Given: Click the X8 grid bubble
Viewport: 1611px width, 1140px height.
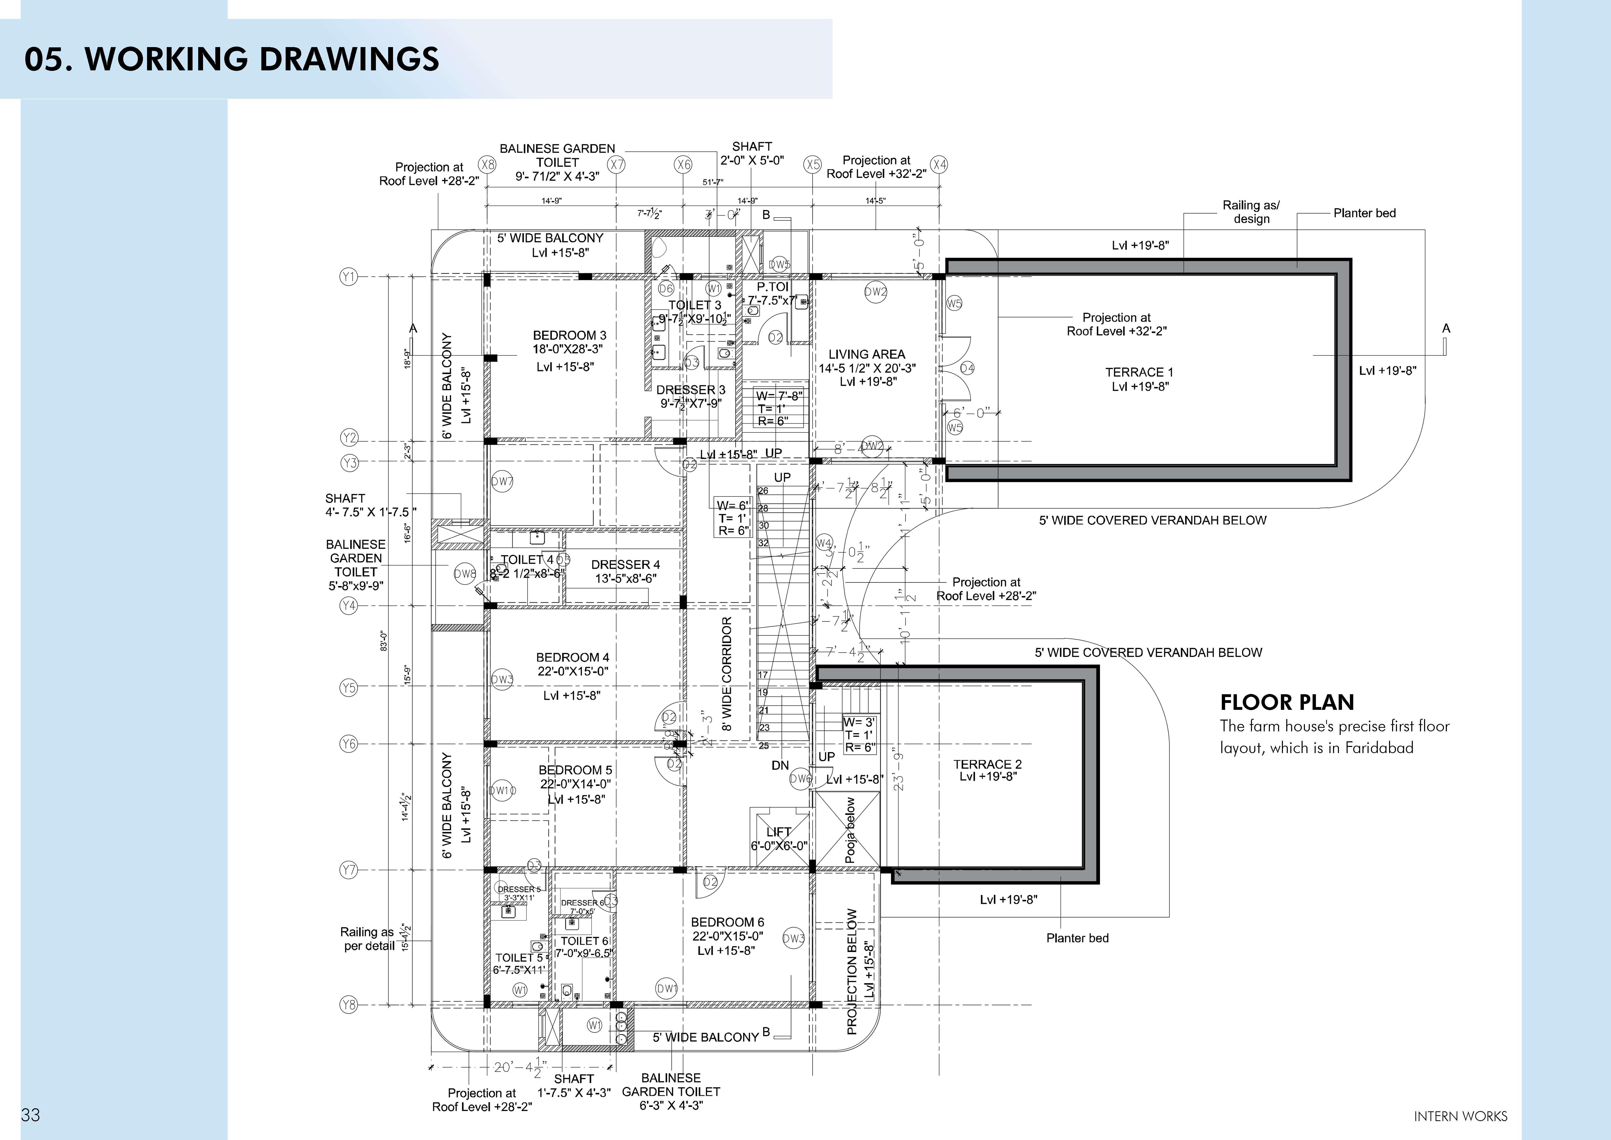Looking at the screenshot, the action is (x=487, y=165).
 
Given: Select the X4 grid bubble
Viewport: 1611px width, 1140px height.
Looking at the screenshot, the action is (x=939, y=165).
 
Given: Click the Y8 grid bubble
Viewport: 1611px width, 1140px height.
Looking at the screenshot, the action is (x=349, y=1005).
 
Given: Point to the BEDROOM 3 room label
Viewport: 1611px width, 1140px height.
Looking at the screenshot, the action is (x=569, y=335).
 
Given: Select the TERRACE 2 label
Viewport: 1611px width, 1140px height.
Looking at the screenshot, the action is (x=987, y=764).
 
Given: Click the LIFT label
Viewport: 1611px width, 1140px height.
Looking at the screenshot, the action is (x=779, y=832).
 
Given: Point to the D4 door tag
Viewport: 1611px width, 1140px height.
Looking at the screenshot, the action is (x=967, y=368).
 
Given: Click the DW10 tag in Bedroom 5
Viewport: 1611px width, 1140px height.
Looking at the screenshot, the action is (x=502, y=790).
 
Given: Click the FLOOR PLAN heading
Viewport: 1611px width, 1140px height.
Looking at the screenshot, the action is (x=1287, y=703).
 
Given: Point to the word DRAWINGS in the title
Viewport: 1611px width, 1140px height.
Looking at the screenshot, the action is (x=349, y=59).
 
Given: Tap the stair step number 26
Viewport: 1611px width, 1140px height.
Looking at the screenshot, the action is (x=763, y=491).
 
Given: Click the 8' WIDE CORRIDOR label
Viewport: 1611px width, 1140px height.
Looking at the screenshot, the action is (x=727, y=674).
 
